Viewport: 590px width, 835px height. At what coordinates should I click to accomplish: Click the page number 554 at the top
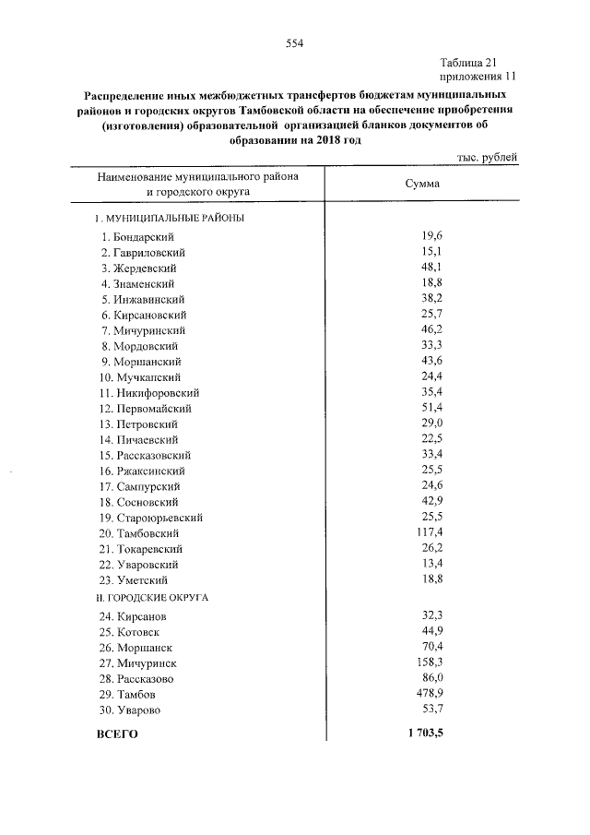click(295, 42)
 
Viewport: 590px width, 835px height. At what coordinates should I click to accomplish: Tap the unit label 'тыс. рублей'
click(488, 158)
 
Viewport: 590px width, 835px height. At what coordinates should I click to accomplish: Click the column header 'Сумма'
click(423, 184)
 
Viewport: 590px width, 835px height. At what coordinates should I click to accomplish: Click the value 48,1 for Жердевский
click(431, 268)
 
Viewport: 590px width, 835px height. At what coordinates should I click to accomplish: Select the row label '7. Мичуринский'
click(145, 330)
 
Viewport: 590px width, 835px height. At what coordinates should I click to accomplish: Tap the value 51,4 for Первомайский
click(431, 408)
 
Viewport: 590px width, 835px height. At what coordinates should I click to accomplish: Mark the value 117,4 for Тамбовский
click(429, 533)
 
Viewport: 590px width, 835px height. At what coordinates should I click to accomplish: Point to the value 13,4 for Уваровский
click(431, 564)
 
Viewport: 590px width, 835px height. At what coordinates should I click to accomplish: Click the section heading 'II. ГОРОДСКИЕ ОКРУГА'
click(152, 597)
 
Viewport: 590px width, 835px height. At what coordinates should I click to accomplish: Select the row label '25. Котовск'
click(133, 632)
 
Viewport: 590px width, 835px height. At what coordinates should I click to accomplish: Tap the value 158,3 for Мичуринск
click(429, 662)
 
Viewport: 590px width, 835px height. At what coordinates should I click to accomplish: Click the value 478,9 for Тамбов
click(429, 694)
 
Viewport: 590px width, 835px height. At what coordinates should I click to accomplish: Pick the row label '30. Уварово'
click(132, 710)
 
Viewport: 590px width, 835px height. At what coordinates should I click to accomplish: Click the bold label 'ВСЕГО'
click(117, 734)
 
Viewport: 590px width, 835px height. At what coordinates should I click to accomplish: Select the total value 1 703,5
click(424, 734)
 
